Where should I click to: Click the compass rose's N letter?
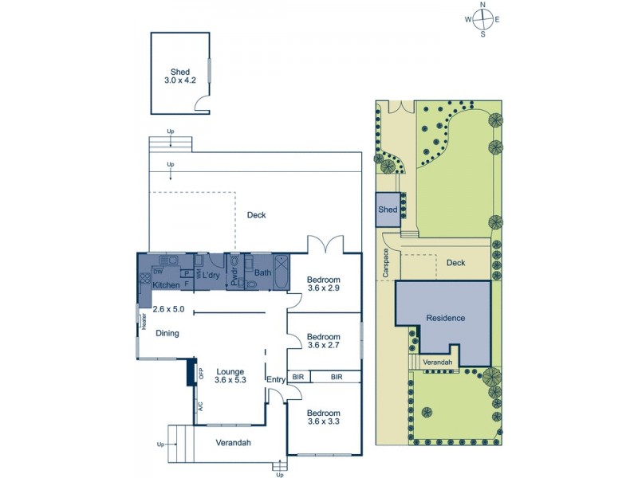point(483,5)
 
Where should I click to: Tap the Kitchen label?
point(167,284)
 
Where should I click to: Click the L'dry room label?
point(211,276)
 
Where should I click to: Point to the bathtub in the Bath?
point(282,270)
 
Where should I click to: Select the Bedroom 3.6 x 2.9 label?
point(324,284)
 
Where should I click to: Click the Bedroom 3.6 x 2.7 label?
point(324,341)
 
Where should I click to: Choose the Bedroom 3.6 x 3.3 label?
point(324,417)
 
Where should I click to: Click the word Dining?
point(167,334)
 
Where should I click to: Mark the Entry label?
point(275,379)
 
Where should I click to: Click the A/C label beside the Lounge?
point(199,406)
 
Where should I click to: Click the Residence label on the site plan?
point(444,318)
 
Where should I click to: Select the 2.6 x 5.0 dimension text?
point(168,308)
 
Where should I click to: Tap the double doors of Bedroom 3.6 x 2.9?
point(324,241)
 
